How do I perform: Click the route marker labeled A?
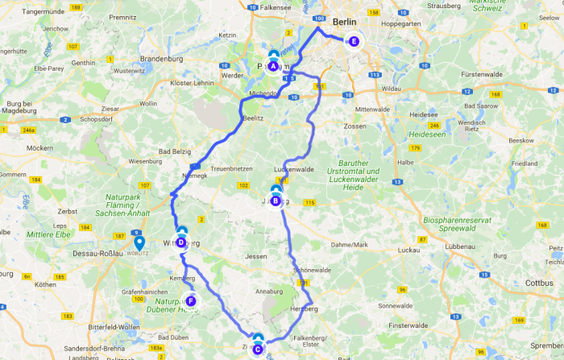pos(273,66)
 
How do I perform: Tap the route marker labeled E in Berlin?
pos(353,41)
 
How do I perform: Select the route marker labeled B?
pos(276,201)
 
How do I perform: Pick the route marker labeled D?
pos(181,242)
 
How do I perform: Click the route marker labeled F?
pos(191,301)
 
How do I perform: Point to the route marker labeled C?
pos(257,349)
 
